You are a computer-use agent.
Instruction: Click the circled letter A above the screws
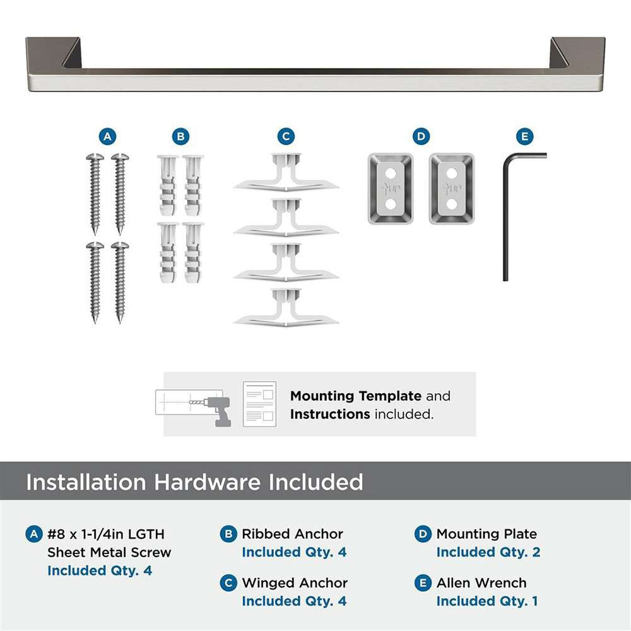click(x=107, y=136)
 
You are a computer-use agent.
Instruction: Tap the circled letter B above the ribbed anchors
click(x=180, y=136)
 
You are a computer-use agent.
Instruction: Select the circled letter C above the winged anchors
click(x=286, y=136)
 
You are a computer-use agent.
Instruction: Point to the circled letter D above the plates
click(x=421, y=136)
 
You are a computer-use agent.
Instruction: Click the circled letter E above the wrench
click(x=524, y=136)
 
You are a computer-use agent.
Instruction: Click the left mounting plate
click(x=391, y=189)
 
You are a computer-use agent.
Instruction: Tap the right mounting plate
click(x=452, y=189)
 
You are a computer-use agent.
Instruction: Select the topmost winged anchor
click(x=286, y=174)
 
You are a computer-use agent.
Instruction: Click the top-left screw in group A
click(x=95, y=193)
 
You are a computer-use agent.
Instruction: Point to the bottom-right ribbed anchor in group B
click(x=193, y=252)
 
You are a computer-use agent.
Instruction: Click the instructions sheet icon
click(x=259, y=404)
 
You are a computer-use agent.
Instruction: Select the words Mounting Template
click(x=355, y=396)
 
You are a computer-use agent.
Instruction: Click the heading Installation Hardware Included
click(x=194, y=482)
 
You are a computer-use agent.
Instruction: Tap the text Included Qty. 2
click(x=488, y=552)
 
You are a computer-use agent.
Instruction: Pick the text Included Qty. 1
click(x=487, y=601)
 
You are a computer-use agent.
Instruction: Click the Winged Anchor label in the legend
click(x=295, y=583)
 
